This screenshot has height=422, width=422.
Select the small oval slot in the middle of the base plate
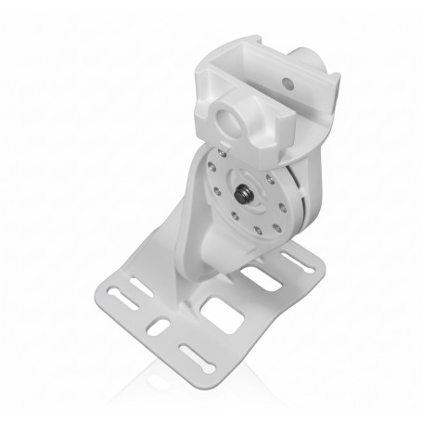pos(158,327)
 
